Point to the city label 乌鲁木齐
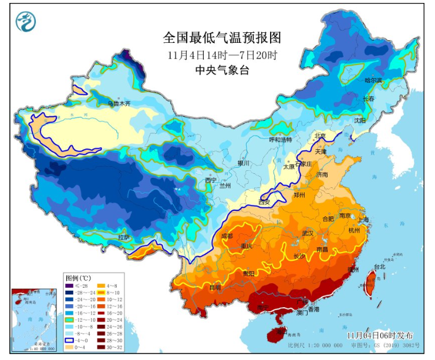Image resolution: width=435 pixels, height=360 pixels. [118, 104]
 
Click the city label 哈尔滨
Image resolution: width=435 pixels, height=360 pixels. [373, 80]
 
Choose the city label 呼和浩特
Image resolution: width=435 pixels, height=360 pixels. [280, 140]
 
